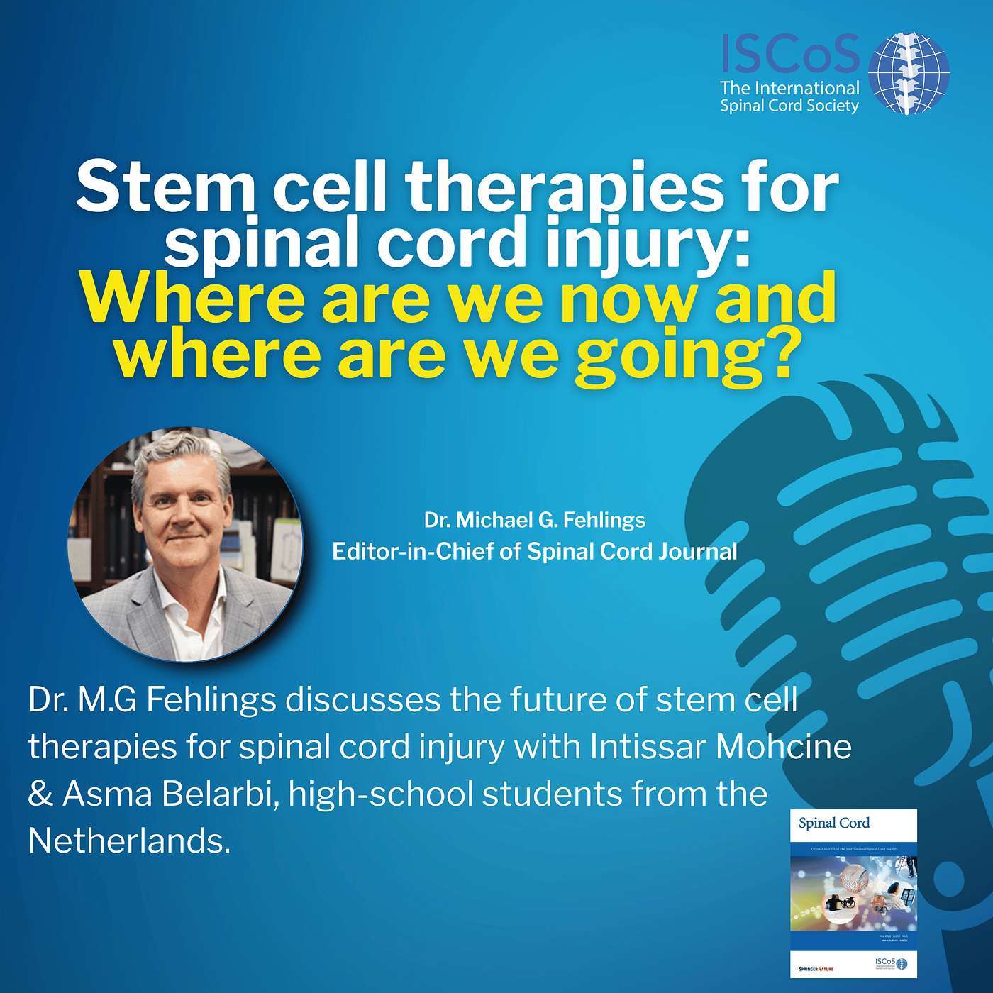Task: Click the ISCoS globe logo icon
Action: click(x=909, y=72)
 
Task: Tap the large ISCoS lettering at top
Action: click(x=790, y=55)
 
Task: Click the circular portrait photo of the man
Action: click(x=185, y=544)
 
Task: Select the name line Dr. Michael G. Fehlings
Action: click(x=535, y=520)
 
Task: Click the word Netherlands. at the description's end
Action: click(x=130, y=841)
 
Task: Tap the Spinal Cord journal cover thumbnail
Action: click(x=853, y=893)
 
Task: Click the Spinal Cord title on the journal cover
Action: click(x=833, y=823)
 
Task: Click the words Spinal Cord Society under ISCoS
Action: click(x=789, y=106)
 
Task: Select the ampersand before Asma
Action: click(x=41, y=794)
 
